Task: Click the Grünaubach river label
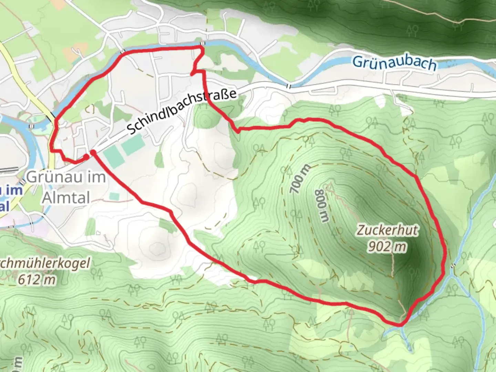point(394,63)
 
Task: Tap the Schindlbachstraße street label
point(182,112)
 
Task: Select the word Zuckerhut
point(387,230)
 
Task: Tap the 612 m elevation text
point(37,280)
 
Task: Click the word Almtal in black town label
point(66,198)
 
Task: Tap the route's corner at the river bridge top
point(202,46)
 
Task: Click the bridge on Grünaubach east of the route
point(289,86)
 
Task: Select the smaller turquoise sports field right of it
point(132,145)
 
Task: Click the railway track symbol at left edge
point(8,170)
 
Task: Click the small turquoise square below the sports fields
point(114,197)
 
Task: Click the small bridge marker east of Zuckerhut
point(453,266)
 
